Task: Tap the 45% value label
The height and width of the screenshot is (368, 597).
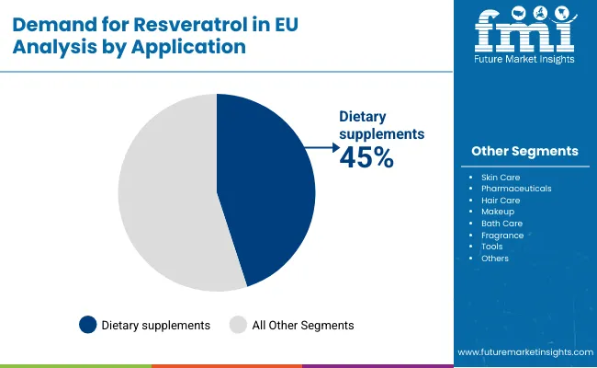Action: (x=366, y=157)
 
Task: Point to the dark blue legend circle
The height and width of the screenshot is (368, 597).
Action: (x=88, y=325)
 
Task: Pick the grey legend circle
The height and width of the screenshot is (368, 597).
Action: (x=238, y=325)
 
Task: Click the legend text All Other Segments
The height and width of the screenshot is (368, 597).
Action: (x=303, y=325)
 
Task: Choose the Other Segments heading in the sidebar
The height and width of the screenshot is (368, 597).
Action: (x=524, y=151)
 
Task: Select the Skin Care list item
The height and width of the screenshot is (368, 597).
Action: (x=501, y=176)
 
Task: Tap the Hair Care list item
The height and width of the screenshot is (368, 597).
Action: (x=501, y=200)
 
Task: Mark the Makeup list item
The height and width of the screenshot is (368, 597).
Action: (x=498, y=212)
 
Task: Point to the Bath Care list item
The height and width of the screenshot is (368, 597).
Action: (x=501, y=224)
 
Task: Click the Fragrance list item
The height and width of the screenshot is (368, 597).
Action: (x=502, y=236)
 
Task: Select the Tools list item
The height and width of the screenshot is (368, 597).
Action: (x=492, y=247)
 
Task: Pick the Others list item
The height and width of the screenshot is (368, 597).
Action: (x=495, y=259)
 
